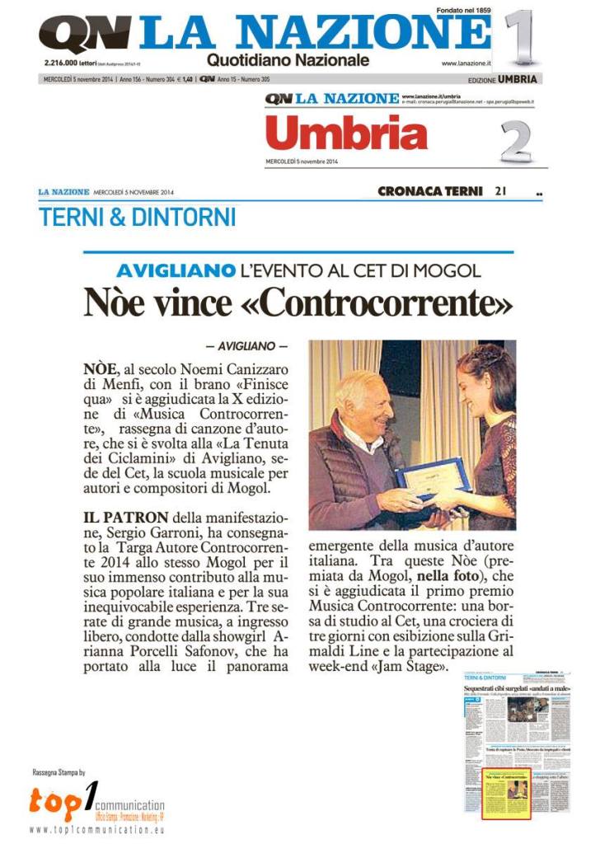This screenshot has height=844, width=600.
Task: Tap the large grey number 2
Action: coord(516,141)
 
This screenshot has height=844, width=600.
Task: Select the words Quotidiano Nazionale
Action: coord(288,60)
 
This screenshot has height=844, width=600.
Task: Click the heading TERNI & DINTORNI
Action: coord(138,217)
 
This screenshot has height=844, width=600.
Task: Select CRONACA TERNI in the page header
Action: coord(429,191)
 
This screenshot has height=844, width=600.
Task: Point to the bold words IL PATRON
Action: coord(125,518)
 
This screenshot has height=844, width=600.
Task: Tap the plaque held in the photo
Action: coord(433,480)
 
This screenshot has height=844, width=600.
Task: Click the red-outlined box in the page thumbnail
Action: coord(505,792)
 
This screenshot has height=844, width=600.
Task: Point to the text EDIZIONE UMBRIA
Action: coord(502,80)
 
